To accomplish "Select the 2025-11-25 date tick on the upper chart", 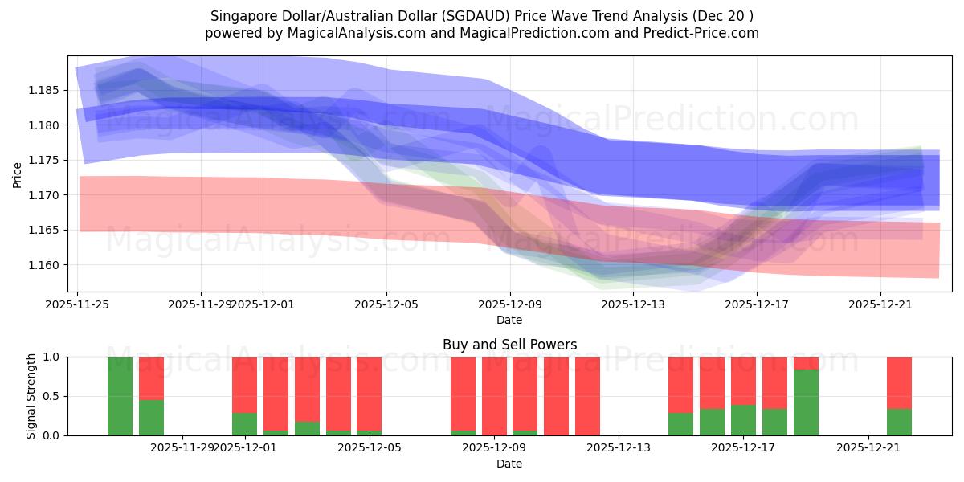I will pos(77,304).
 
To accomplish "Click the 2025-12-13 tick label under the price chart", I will pos(633,304).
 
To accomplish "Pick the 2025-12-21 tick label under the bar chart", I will pos(869,448).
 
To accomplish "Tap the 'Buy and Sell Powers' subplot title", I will pos(509,345).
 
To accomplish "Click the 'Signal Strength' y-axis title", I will pos(31,396).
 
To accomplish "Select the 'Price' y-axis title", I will pos(18,174).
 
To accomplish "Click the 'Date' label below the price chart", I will pos(509,320).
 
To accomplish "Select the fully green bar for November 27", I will pos(120,396).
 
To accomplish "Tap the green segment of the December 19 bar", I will pos(806,402).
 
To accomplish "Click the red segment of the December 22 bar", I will pos(899,382).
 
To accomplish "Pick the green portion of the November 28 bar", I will pos(151,418).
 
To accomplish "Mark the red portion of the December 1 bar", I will pos(244,384).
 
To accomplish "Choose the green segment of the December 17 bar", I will pos(743,420).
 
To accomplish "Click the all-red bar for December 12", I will pos(587,396).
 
